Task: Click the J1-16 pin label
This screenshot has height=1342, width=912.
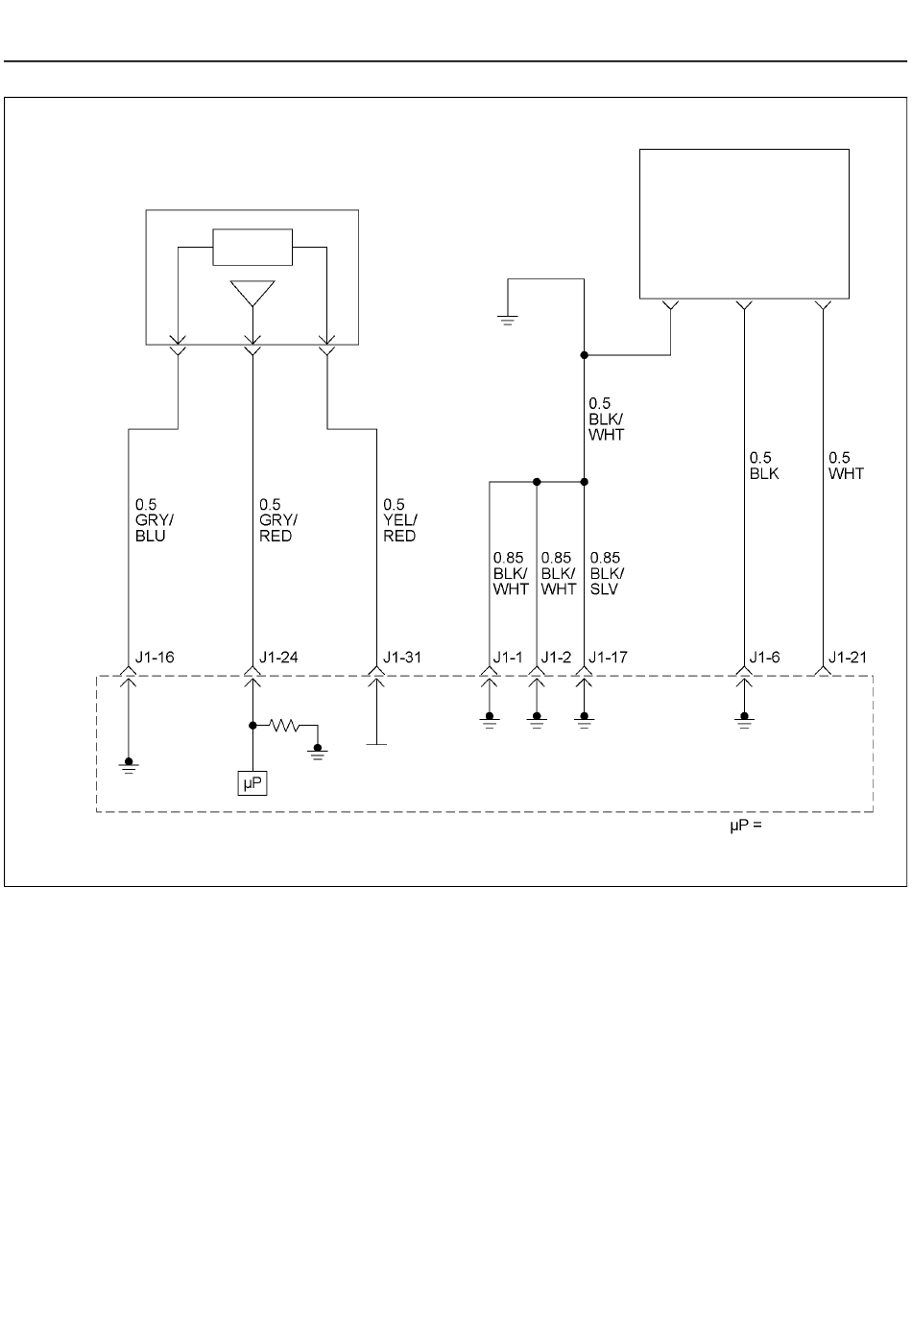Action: pyautogui.click(x=155, y=658)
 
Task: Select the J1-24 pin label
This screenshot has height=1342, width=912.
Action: pyautogui.click(x=278, y=658)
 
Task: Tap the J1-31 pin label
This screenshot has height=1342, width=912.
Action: pyautogui.click(x=402, y=658)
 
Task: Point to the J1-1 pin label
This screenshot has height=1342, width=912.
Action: pyautogui.click(x=508, y=658)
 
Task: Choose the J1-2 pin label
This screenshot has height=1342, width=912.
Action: pyautogui.click(x=556, y=658)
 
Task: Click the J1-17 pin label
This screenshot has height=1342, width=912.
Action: pyautogui.click(x=609, y=658)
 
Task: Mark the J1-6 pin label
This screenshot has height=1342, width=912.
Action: pyautogui.click(x=764, y=658)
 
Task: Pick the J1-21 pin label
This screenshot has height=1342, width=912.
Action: pyautogui.click(x=848, y=658)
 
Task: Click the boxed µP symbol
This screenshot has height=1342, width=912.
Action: pyautogui.click(x=252, y=783)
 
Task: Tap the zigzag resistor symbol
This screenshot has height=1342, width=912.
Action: pyautogui.click(x=284, y=726)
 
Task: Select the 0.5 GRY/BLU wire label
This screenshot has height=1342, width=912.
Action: pyautogui.click(x=154, y=520)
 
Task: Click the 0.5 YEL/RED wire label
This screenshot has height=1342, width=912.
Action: pyautogui.click(x=399, y=520)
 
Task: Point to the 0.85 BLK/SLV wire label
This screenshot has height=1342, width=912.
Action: pyautogui.click(x=607, y=573)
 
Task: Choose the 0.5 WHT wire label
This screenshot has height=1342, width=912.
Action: pyautogui.click(x=846, y=466)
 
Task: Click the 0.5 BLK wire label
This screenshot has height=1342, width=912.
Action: pyautogui.click(x=764, y=466)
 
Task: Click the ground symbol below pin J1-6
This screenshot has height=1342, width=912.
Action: pyautogui.click(x=744, y=721)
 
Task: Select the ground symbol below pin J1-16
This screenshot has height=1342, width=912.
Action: pyautogui.click(x=129, y=766)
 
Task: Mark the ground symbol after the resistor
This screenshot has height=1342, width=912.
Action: pyautogui.click(x=318, y=753)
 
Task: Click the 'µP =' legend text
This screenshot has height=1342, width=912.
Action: pyautogui.click(x=746, y=827)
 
